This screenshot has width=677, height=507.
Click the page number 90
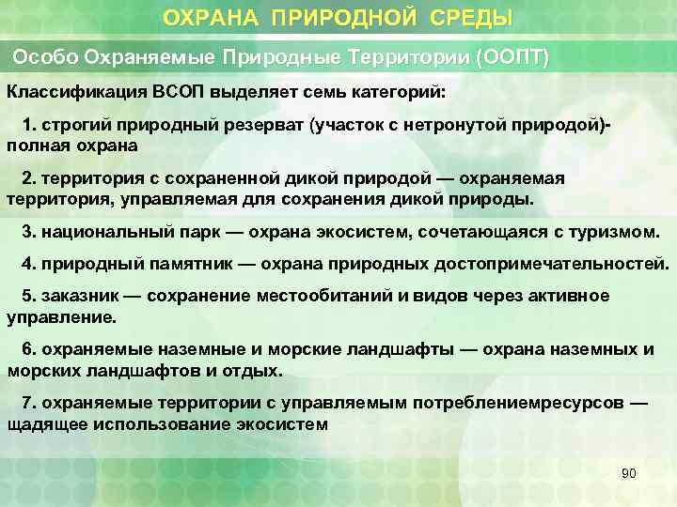[629, 473]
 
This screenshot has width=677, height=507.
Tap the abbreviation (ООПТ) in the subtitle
[512, 56]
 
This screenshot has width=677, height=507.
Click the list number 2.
[27, 178]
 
